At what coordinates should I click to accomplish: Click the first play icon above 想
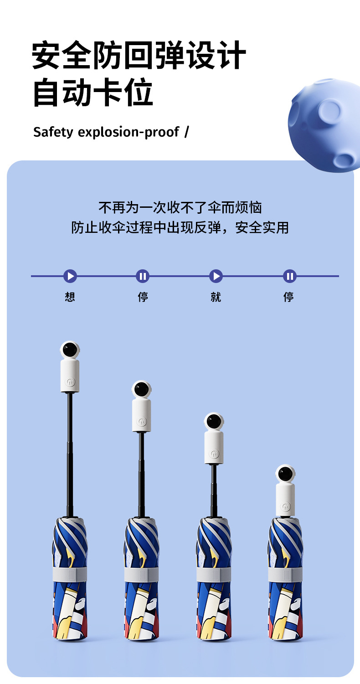tap(70, 276)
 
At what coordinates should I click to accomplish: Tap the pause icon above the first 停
tap(143, 276)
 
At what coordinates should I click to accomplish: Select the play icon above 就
tap(216, 276)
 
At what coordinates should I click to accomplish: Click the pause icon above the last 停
tap(289, 276)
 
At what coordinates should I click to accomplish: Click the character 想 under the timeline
tap(70, 297)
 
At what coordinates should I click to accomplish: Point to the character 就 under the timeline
tap(216, 297)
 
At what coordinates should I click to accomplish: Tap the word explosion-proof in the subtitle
tap(129, 132)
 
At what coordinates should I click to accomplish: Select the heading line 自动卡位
tap(93, 93)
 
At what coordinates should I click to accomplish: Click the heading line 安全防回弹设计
tap(139, 55)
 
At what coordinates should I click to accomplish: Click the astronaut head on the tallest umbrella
tap(70, 350)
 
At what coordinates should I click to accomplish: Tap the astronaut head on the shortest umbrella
tap(286, 474)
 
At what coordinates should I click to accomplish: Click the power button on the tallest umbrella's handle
tap(70, 382)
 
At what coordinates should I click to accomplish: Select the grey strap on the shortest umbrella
tap(286, 574)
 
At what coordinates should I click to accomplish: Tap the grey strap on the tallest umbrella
tap(70, 574)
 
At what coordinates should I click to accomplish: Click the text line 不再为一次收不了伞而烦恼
tap(180, 208)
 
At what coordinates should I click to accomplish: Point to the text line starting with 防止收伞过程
tap(180, 227)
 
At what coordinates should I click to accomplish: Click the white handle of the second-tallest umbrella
tap(141, 415)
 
